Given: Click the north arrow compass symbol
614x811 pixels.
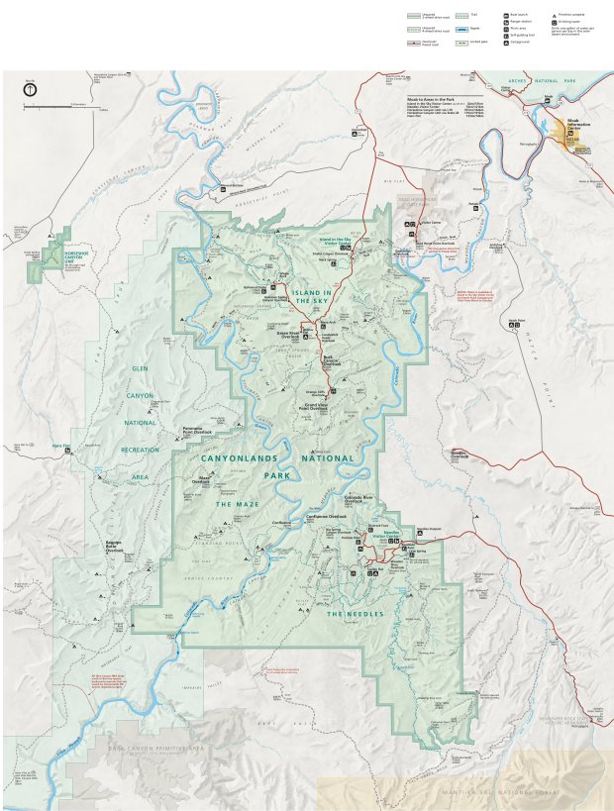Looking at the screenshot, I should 30,89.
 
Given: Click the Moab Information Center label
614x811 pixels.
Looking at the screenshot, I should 572,125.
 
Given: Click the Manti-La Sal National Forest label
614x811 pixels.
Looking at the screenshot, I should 505,793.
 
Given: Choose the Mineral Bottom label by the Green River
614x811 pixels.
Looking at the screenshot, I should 231,184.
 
